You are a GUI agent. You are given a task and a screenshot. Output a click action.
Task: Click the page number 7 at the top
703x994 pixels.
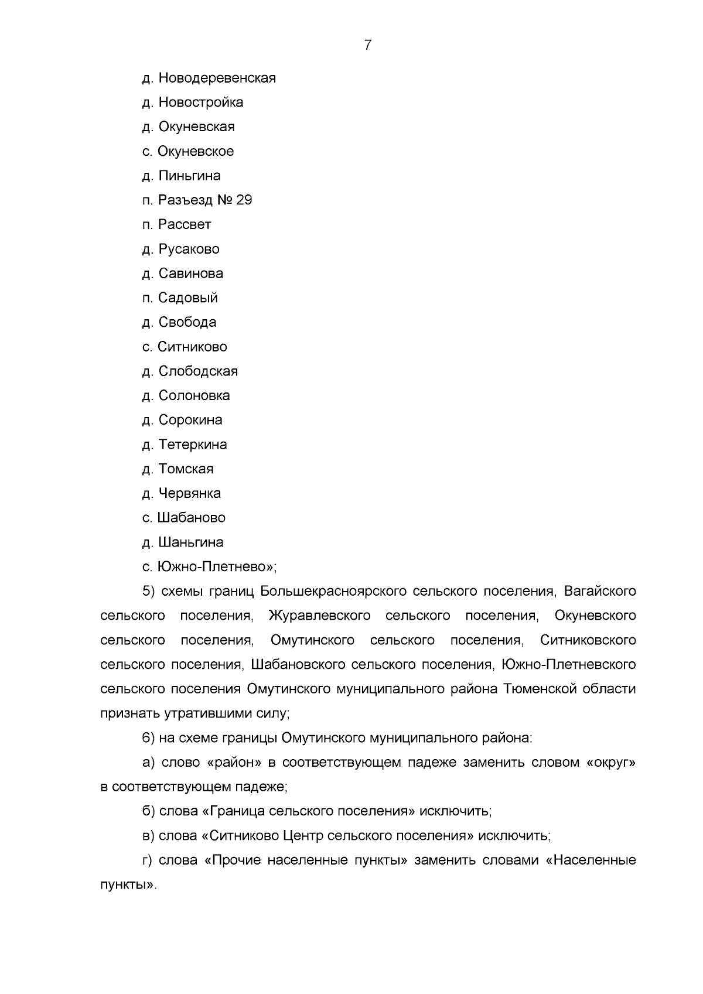(367, 45)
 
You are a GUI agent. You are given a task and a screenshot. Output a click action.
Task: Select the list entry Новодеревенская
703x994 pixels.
(217, 78)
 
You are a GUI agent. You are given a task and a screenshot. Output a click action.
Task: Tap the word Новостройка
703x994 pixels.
(200, 103)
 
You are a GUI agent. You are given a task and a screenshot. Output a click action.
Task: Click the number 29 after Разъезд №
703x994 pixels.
(244, 200)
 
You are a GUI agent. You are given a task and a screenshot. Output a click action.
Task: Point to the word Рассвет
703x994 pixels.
(185, 225)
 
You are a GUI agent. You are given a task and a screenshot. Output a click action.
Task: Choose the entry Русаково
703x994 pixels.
(189, 249)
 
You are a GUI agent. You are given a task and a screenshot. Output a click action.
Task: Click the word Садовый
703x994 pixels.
(187, 298)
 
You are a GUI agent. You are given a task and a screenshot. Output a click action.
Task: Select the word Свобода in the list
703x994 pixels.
(187, 322)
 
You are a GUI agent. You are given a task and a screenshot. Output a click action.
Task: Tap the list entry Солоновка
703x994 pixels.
(194, 396)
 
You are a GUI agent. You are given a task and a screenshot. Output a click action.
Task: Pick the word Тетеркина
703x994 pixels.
(192, 445)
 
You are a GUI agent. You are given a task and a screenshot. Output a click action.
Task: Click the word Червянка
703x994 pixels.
(189, 494)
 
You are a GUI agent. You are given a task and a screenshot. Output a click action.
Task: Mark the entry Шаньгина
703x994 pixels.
(190, 542)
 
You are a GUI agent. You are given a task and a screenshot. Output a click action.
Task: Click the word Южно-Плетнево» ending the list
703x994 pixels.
(216, 567)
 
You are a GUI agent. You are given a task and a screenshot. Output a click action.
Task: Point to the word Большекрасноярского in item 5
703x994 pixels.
(333, 592)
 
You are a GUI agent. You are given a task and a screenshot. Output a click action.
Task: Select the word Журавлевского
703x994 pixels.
(319, 616)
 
